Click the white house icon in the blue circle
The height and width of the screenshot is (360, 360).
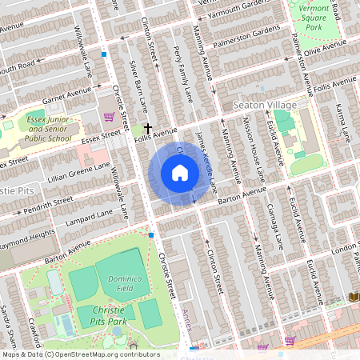pyautogui.click(x=180, y=173)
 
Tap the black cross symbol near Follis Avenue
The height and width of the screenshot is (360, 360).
pyautogui.click(x=148, y=128)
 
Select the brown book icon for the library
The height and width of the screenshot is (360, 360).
pyautogui.click(x=354, y=297)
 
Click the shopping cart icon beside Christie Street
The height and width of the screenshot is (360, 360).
pyautogui.click(x=108, y=117)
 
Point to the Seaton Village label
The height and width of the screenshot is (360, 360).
pyautogui.click(x=265, y=106)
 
